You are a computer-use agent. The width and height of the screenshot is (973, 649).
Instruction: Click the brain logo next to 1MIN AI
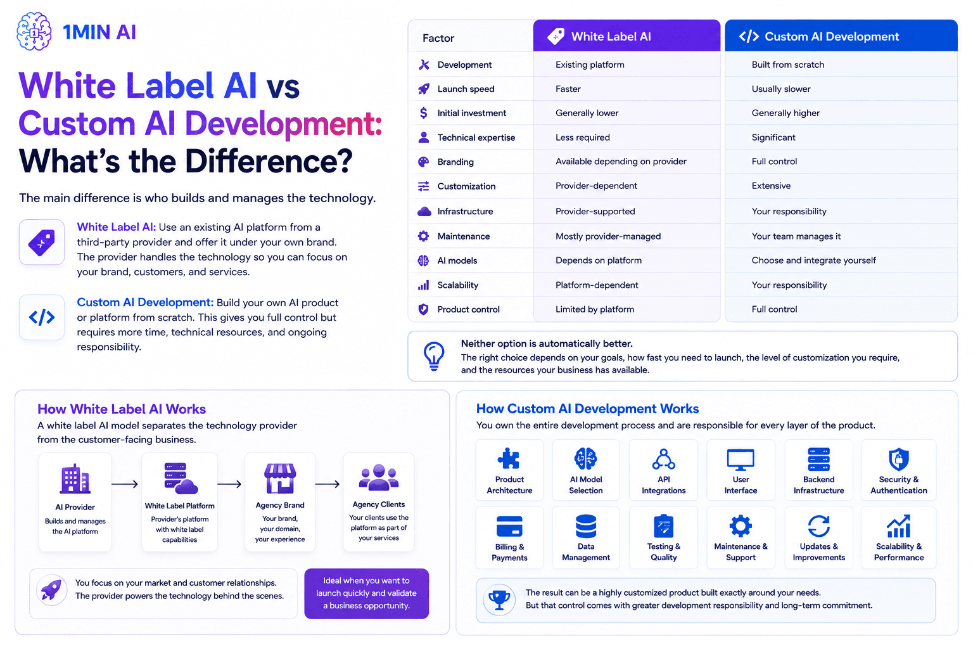[x=34, y=31]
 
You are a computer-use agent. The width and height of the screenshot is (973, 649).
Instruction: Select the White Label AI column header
[x=626, y=35]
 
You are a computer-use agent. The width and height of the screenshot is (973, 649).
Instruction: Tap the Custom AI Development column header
[x=841, y=35]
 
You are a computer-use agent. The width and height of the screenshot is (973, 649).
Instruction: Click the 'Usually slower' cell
[x=781, y=89]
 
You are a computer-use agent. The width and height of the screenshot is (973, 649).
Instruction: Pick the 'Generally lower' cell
[x=587, y=113]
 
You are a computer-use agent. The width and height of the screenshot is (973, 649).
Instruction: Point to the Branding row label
[x=455, y=162]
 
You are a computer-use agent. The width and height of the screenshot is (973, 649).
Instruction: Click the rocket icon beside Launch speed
[x=424, y=89]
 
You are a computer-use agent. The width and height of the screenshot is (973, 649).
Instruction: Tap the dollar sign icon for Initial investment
[x=424, y=113]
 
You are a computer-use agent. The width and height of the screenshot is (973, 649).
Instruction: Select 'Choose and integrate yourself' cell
[x=813, y=260]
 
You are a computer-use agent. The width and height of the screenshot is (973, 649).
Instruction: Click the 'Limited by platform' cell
[x=595, y=309]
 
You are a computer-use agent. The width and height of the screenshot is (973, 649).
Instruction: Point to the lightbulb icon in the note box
[x=434, y=356]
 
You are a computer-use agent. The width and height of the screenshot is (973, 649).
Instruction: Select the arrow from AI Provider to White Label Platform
[x=125, y=484]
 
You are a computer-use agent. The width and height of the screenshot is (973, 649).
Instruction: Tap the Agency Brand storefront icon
[x=280, y=478]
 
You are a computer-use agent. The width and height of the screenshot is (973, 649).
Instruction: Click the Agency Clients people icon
[x=379, y=478]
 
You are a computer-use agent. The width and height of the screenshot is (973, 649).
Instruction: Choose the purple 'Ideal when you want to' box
[x=367, y=593]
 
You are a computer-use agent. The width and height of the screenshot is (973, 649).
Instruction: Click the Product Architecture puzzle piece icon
[x=509, y=459]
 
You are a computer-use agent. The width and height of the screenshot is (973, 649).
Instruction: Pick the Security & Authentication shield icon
[x=899, y=459]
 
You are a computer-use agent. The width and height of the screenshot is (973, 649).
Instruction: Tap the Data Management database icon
[x=586, y=526]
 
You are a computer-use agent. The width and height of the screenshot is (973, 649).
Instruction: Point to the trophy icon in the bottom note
[x=499, y=600]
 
